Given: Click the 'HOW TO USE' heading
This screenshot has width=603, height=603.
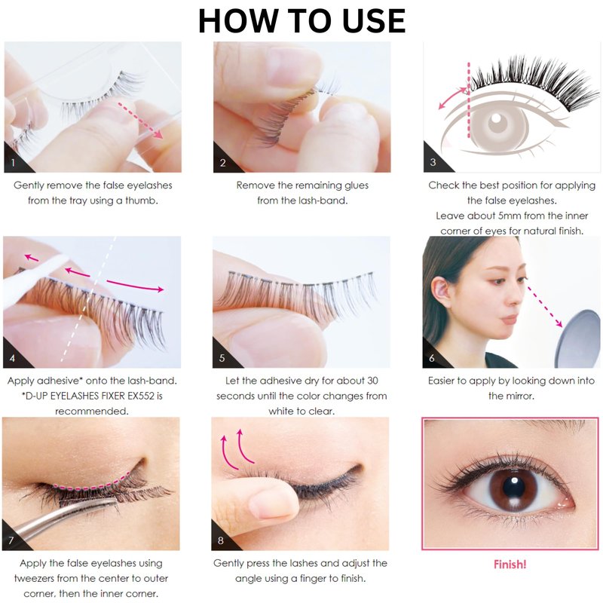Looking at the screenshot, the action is (x=302, y=21).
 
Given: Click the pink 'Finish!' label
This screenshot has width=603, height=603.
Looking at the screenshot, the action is (x=510, y=565).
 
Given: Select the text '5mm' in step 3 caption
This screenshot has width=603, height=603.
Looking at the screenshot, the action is (x=510, y=216).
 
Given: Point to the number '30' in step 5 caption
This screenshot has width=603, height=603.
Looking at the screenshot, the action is (x=372, y=381).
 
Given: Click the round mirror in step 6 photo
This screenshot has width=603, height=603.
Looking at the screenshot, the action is (x=579, y=338).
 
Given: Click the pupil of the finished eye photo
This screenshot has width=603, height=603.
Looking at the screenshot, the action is (x=513, y=486).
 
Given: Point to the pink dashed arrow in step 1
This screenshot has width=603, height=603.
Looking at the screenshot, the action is (x=140, y=120).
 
